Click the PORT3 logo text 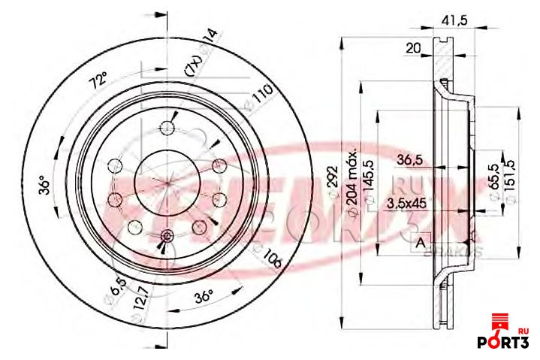(504, 342)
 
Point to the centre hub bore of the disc (165, 180)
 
